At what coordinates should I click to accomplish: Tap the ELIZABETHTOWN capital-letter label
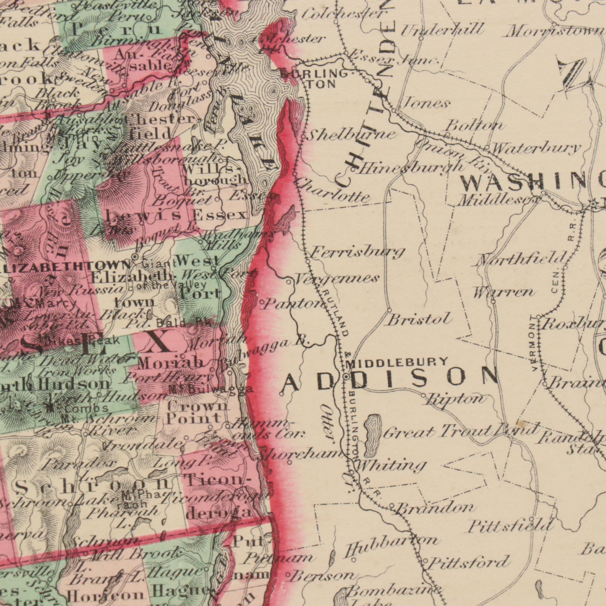click(64, 265)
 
